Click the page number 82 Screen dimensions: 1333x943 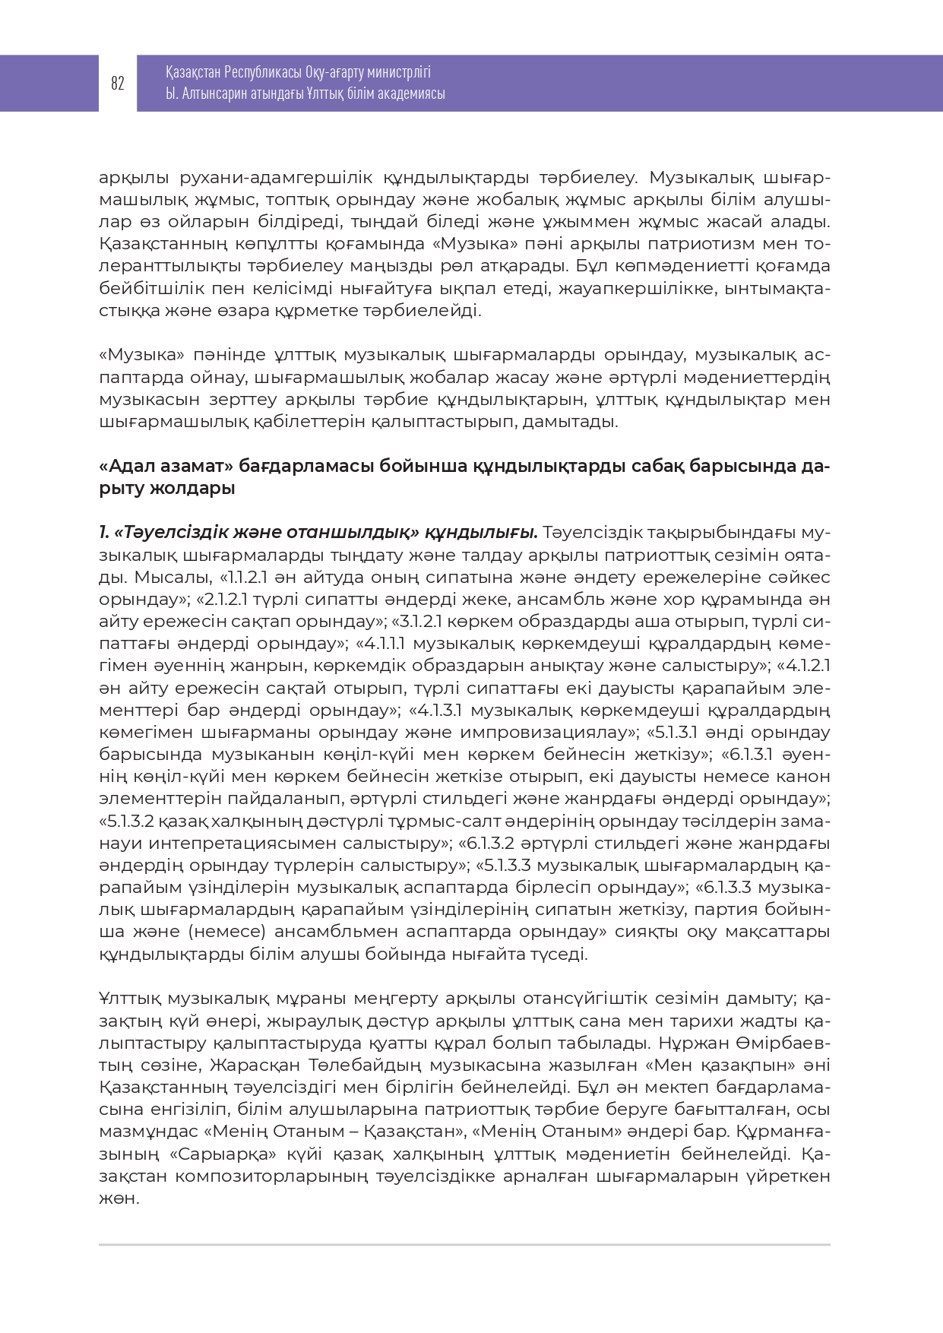pos(118,84)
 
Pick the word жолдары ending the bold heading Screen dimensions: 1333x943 pos(203,488)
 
